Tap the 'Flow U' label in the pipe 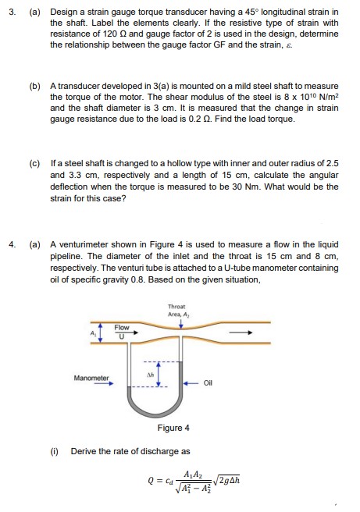coord(123,331)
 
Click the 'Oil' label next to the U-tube coord(208,383)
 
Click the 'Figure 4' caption coord(173,428)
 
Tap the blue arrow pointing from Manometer coord(99,384)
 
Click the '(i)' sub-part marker coord(56,451)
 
